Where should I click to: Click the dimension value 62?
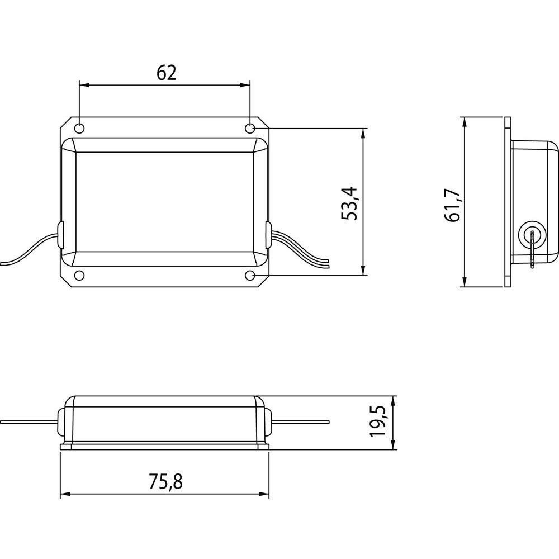[166, 73]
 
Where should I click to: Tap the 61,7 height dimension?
[453, 205]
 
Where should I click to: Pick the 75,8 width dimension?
[166, 481]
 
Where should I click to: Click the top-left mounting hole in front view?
[80, 128]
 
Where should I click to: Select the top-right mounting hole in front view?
[250, 128]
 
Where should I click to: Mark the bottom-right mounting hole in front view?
[250, 275]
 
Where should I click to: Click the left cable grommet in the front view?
[60, 233]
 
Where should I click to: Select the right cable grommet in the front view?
[268, 233]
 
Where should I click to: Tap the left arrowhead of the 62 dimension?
[84, 86]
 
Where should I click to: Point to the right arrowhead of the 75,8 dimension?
[265, 494]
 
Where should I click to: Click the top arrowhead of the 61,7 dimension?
[465, 121]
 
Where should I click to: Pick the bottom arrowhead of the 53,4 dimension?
[364, 271]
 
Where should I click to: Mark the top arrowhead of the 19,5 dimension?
[395, 400]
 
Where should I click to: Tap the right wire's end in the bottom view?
[328, 422]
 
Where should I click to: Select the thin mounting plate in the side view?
[508, 202]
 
